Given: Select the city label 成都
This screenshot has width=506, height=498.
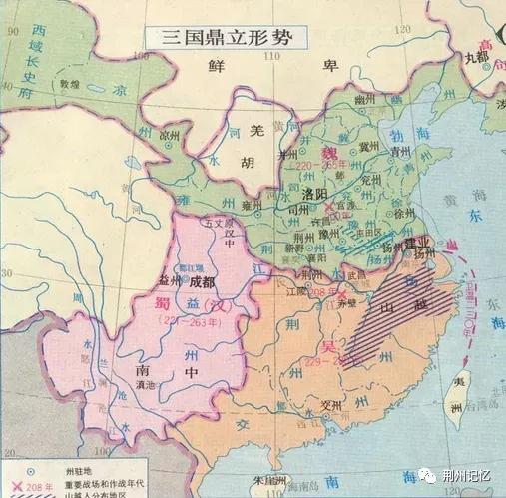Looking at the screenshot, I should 201,282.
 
